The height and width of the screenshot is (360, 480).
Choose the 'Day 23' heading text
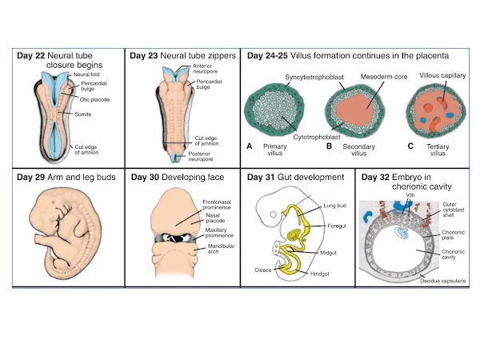point(144,56)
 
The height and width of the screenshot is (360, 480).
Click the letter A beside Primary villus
point(250,146)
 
